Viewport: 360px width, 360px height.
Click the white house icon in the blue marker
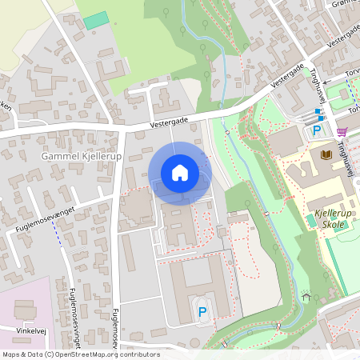pos(180,172)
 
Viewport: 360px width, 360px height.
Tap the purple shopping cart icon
pos(342,131)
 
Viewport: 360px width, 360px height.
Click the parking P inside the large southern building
pos(202,311)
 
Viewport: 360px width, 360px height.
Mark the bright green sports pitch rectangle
pos(95,20)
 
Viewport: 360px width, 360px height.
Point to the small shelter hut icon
pos(306,297)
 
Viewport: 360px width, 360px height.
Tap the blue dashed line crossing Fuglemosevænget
pos(57,233)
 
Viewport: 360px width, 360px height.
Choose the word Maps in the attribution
pos(12,354)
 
